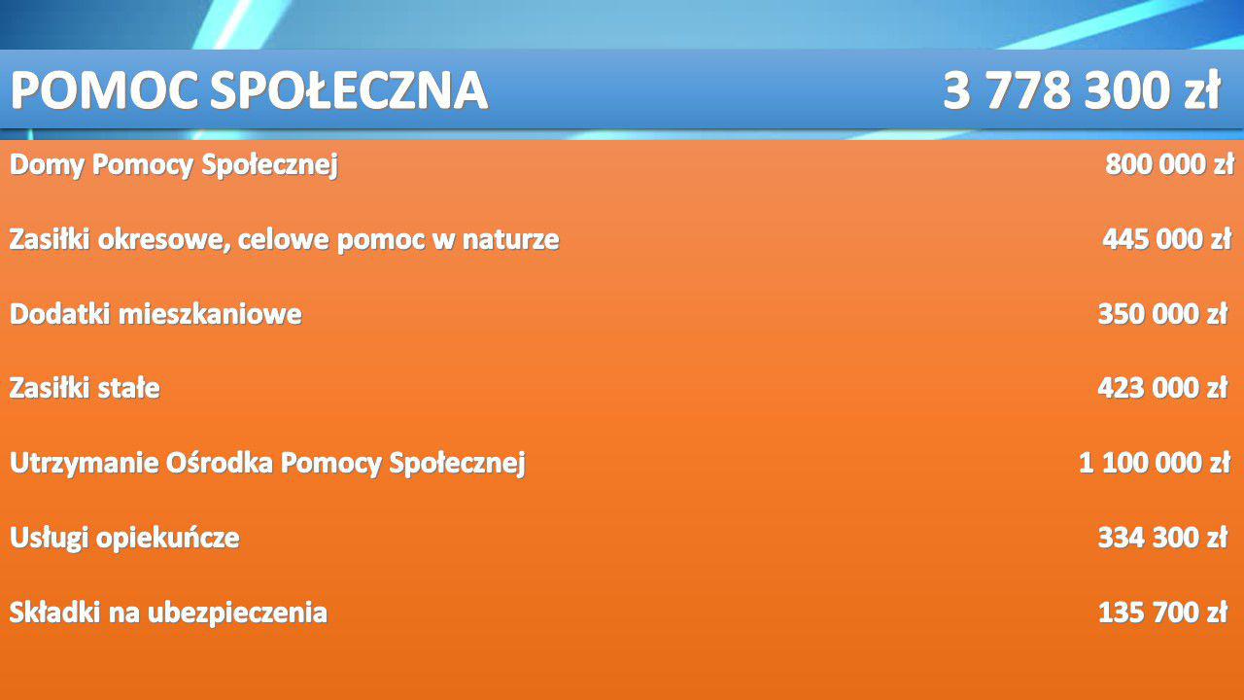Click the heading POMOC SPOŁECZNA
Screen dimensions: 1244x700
[x=250, y=90]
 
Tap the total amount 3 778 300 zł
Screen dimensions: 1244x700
[x=1082, y=90]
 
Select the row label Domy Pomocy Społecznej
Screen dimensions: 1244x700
[x=174, y=165]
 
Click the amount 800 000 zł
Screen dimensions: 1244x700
[x=1169, y=164]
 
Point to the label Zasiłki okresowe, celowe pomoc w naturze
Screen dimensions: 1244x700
[x=285, y=240]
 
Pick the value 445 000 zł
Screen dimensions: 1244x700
[x=1167, y=239]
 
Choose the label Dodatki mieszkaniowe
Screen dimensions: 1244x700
[x=156, y=314]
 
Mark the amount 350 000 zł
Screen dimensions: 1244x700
[x=1163, y=314]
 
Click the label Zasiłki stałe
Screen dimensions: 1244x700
[x=85, y=388]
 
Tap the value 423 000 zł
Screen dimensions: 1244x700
[x=1163, y=388]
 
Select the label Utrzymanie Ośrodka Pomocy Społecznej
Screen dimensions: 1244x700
[x=267, y=464]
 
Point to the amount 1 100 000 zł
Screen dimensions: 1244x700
[x=1155, y=463]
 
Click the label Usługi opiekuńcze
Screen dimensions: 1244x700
[x=125, y=539]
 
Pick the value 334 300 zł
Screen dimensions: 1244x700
[x=1163, y=538]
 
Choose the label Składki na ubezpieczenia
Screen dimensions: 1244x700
[x=168, y=612]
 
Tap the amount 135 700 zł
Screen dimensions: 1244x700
[x=1163, y=612]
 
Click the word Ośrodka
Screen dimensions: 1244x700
[x=220, y=462]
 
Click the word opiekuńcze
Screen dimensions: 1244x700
[x=168, y=539]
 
